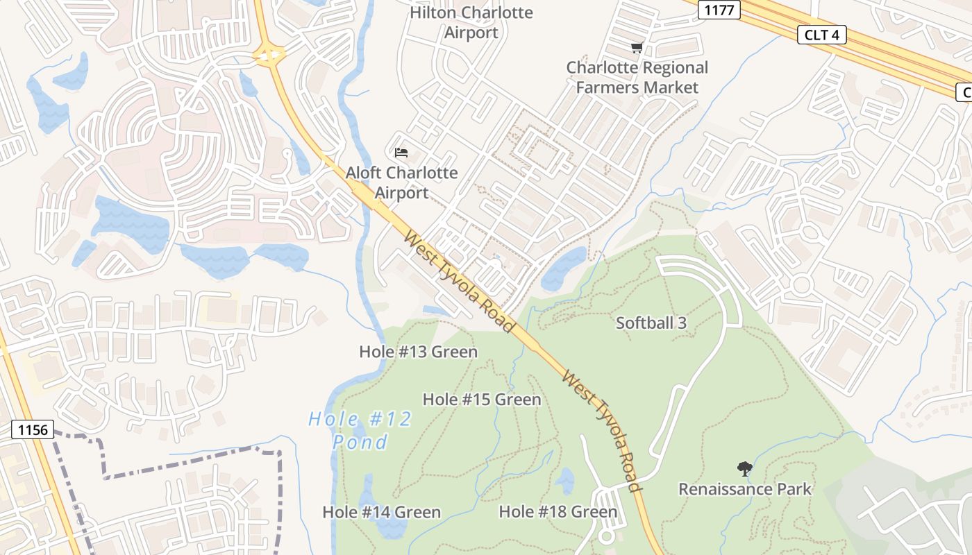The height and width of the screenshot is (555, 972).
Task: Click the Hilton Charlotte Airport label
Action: coord(471,22)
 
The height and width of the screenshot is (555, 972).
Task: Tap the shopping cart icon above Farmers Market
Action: coord(637,47)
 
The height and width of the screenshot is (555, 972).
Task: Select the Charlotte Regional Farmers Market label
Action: coord(637,78)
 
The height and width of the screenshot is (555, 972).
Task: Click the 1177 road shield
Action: coord(720,9)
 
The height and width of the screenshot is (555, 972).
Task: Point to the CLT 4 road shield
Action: coord(821,35)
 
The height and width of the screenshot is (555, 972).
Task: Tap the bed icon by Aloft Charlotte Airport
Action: coord(401,152)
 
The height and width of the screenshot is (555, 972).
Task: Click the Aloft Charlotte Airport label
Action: coord(401,182)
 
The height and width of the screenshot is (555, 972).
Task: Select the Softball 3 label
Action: coord(651,323)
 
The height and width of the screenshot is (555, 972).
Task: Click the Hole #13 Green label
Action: coord(418,352)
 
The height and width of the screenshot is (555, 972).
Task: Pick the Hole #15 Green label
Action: coord(481,400)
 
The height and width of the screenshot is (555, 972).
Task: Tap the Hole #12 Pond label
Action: coord(360,430)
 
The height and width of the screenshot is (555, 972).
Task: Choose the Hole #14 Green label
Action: coord(381,512)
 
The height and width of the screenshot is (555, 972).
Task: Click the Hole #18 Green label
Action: coord(558,512)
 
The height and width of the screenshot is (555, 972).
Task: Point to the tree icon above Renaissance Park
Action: coord(745,469)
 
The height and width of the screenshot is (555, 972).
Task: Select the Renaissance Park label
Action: coord(744,489)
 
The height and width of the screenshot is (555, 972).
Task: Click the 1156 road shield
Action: coord(33,430)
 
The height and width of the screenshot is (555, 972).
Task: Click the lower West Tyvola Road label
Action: coord(601,431)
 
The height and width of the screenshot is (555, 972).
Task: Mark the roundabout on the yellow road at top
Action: coord(270,55)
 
